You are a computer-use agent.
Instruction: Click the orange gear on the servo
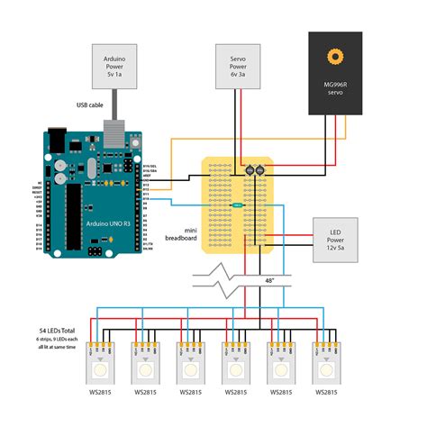point(339,58)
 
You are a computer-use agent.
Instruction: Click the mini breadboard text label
point(182,233)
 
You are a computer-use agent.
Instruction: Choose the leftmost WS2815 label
point(98,394)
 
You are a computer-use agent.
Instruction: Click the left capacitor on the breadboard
point(248,168)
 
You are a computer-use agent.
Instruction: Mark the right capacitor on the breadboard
point(259,168)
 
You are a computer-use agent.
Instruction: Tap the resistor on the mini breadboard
point(236,205)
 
